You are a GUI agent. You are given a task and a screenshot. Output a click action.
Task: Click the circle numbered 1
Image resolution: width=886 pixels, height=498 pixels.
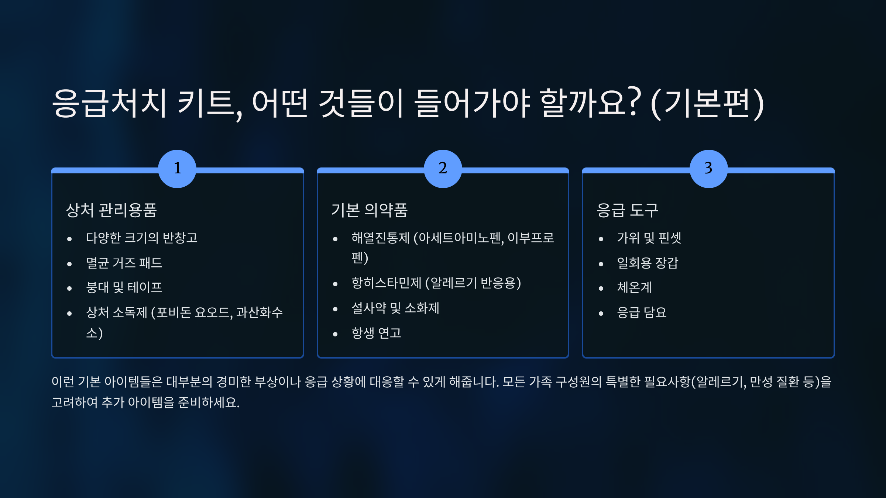[x=177, y=169]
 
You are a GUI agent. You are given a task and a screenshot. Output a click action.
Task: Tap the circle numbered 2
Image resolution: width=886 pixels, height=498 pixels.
[x=443, y=169]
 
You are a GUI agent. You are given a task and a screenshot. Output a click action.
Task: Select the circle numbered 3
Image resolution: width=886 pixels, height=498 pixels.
[x=708, y=169]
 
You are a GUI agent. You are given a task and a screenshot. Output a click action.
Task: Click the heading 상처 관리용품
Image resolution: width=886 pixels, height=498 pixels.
[x=111, y=210]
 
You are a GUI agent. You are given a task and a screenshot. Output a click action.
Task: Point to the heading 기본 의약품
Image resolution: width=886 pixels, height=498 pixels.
[x=369, y=210]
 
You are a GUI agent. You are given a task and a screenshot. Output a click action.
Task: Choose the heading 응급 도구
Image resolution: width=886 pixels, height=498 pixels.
[x=627, y=210]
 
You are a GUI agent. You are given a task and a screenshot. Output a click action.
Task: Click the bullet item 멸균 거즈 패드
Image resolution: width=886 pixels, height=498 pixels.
[x=124, y=263]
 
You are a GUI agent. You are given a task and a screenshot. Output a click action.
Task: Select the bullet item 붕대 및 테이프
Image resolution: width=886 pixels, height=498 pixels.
[x=124, y=287]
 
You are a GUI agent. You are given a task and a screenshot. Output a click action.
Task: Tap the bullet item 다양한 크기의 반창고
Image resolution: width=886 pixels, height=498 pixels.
[x=142, y=238]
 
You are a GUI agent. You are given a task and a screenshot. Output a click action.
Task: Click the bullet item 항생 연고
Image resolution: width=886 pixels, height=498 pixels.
[x=376, y=333]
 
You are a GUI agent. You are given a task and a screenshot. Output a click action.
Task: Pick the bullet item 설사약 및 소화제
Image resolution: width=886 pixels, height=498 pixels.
[x=395, y=308]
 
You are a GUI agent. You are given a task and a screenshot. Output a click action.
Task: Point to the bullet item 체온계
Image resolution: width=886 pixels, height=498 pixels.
[x=634, y=287]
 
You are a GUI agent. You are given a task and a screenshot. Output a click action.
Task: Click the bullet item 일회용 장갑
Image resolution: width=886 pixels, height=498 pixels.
[x=648, y=263]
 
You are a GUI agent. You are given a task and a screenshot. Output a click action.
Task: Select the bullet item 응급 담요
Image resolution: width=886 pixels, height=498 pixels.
[x=642, y=312]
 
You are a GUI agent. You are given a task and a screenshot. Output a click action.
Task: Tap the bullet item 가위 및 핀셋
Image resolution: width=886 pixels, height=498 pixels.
[x=649, y=238]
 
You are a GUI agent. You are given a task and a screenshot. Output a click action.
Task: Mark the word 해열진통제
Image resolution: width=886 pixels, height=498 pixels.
[x=381, y=238]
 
